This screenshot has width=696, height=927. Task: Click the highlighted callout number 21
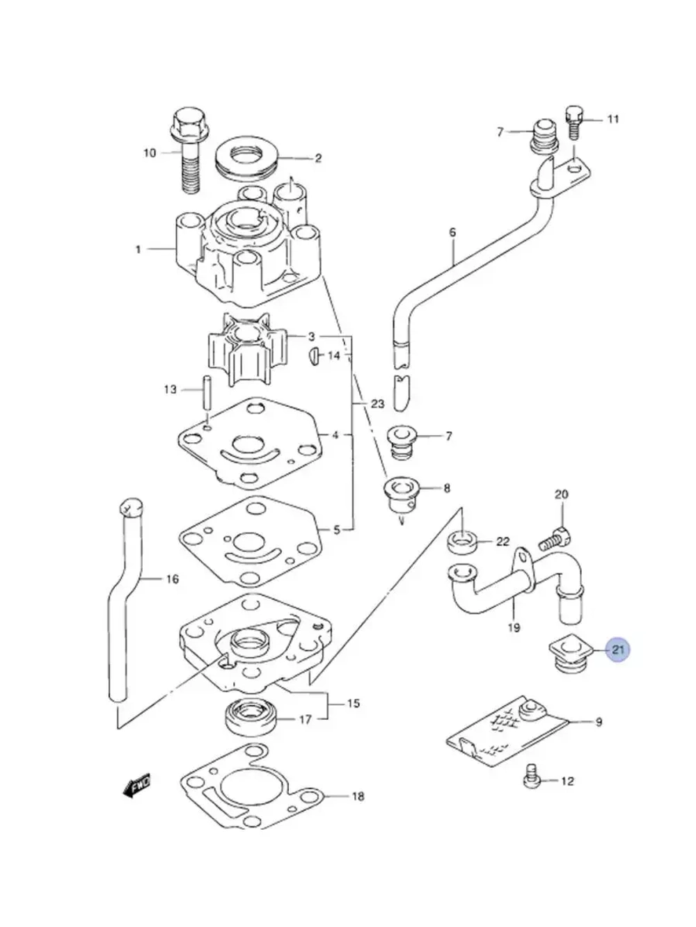point(618,651)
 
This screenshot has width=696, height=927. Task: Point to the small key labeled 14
point(314,355)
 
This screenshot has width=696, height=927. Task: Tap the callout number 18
point(357,796)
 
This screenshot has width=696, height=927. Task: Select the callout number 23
point(377,404)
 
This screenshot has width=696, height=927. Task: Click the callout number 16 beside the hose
point(172,579)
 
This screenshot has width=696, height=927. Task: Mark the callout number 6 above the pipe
point(452,232)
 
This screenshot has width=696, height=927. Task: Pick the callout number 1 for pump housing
point(138,249)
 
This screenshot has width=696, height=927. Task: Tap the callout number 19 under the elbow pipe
point(514,628)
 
